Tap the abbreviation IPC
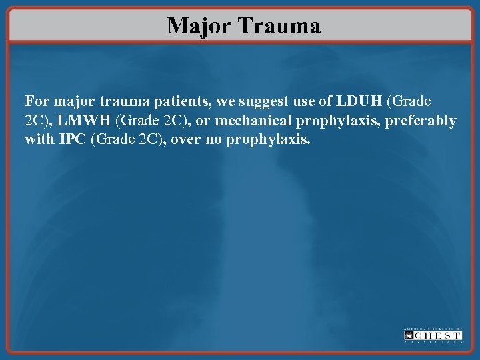tap(75, 140)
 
